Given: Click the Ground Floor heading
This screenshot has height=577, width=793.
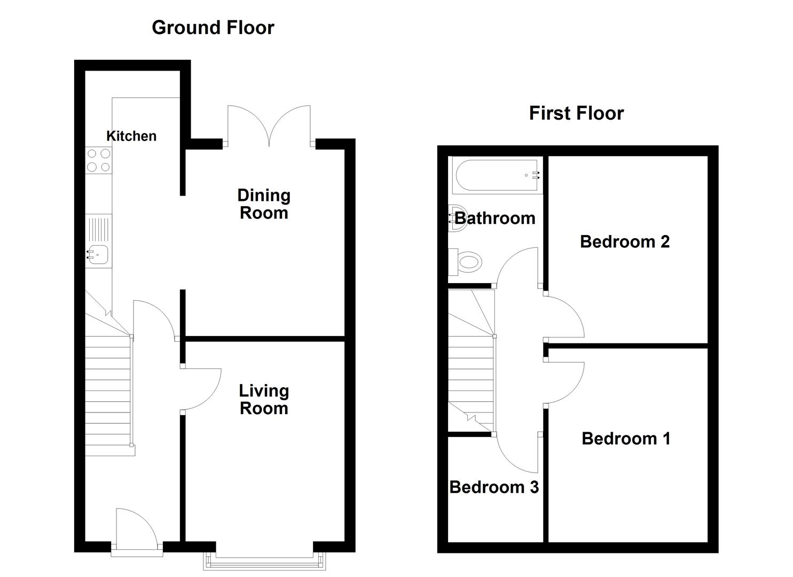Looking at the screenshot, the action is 213,28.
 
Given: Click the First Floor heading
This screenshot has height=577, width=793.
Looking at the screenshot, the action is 576,113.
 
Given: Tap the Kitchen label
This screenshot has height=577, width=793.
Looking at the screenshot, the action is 131,136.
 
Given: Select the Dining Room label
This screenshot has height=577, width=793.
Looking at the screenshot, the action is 264,204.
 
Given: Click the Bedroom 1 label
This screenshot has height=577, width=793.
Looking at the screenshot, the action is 626,439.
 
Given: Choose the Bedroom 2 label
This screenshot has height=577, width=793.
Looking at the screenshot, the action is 625,241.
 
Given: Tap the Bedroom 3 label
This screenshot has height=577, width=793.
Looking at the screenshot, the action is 494,487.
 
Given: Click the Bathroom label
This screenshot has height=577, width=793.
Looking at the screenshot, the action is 495,218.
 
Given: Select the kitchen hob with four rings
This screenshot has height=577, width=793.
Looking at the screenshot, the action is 99,160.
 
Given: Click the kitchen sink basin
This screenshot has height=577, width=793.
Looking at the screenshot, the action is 98,254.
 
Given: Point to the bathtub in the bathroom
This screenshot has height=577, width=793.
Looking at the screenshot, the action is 497,175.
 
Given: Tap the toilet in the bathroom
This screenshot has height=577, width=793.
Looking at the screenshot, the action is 465,262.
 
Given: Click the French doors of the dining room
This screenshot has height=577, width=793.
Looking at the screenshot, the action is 269,126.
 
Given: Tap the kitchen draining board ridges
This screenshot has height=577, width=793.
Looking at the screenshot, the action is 98,229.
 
